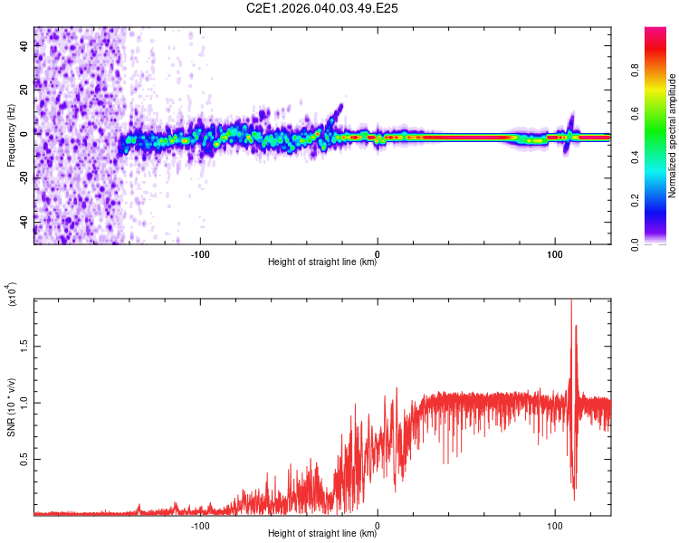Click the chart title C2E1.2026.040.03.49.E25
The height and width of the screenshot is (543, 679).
pos(323,8)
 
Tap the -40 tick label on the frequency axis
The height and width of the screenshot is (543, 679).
pos(25,221)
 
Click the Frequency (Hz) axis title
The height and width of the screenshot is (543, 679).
pos(11,136)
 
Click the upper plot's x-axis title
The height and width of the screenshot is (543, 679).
pos(322,263)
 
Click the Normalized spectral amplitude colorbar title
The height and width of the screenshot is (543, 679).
pos(673,136)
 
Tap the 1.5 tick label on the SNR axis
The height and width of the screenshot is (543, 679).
pos(25,345)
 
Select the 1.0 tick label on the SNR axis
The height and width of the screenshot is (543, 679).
pos(25,402)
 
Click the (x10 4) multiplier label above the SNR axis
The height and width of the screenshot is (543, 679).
pos(11,294)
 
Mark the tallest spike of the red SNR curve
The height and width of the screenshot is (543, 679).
pos(571,302)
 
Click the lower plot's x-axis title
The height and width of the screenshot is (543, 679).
pos(322,534)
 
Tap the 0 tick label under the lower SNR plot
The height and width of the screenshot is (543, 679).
pos(378,525)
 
